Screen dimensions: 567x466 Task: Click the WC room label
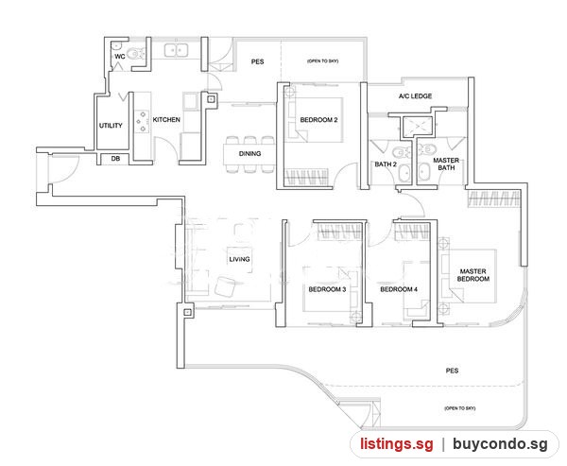pos(120,57)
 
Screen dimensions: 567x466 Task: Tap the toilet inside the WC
pos(135,54)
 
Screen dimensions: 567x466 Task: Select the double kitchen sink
pos(177,50)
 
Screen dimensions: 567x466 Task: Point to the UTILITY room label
pos(111,126)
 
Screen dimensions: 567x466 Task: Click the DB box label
pos(115,159)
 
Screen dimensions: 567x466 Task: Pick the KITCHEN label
pos(166,120)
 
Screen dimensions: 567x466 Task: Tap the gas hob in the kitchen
pos(143,122)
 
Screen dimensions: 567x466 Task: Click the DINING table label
pos(249,154)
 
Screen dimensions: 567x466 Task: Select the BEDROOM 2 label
pos(318,120)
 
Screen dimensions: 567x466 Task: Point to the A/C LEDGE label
pos(415,96)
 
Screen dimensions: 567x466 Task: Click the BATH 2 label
pos(386,164)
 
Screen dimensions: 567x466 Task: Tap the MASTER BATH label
pos(446,164)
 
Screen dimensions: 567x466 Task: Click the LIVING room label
pos(239,259)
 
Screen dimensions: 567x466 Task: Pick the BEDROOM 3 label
pos(327,289)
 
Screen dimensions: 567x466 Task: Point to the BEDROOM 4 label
pos(399,289)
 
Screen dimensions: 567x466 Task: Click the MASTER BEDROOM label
pos(473,275)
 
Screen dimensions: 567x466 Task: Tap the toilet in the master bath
pos(427,150)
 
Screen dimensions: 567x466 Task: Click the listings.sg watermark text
pos(397,444)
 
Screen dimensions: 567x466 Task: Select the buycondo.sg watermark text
pos(501,444)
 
